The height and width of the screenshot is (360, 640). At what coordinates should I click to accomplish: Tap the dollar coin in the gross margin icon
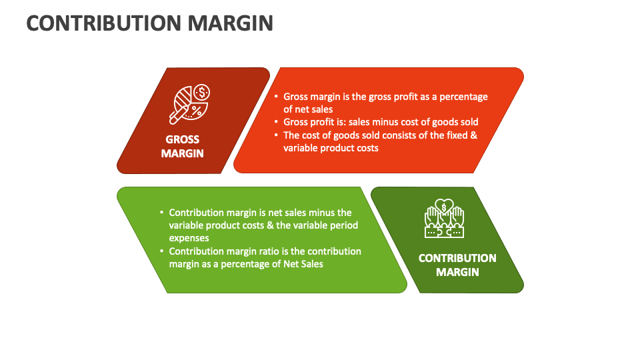pyautogui.click(x=203, y=91)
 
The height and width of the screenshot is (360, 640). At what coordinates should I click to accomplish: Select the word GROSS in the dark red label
pyautogui.click(x=183, y=140)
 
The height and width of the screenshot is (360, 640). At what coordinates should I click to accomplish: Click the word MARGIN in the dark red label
pyautogui.click(x=183, y=153)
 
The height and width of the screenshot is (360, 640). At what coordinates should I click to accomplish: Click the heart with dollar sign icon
pyautogui.click(x=444, y=205)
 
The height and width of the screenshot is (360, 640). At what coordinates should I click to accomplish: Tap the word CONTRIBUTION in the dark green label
pyautogui.click(x=457, y=258)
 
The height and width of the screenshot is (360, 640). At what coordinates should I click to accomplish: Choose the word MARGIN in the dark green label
pyautogui.click(x=457, y=272)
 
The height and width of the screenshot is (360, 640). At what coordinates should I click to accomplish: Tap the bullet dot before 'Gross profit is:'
pyautogui.click(x=277, y=122)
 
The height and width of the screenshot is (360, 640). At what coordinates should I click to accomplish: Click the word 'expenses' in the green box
pyautogui.click(x=189, y=238)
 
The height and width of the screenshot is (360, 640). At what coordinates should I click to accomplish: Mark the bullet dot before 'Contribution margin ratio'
pyautogui.click(x=161, y=251)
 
